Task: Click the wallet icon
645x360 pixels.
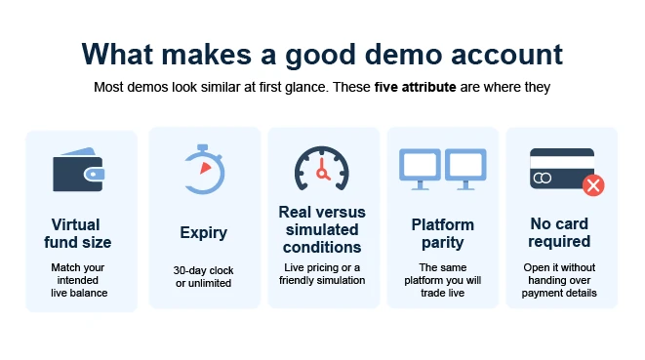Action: tap(78, 170)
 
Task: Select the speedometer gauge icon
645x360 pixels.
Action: tap(322, 168)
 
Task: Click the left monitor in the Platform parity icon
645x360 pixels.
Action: tap(420, 169)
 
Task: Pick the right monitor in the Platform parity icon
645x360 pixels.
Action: tap(465, 169)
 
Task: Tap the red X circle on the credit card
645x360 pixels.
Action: tap(593, 185)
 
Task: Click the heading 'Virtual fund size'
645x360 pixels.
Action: tap(77, 233)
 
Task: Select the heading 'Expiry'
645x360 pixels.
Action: tap(203, 233)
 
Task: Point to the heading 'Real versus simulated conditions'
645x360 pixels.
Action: tap(322, 229)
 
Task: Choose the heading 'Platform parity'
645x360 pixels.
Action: tap(443, 233)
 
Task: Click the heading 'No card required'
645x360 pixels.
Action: tap(559, 232)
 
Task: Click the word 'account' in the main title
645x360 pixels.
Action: tap(506, 55)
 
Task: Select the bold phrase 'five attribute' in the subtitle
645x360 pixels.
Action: tap(415, 87)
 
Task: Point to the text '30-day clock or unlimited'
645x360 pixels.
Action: tap(203, 276)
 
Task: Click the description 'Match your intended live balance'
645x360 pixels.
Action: tap(78, 280)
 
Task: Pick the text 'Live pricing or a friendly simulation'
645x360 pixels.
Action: tap(322, 274)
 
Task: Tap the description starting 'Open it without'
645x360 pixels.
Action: tap(559, 280)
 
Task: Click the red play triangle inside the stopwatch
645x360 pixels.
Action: tap(205, 168)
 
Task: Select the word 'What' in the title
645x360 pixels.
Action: tap(117, 55)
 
